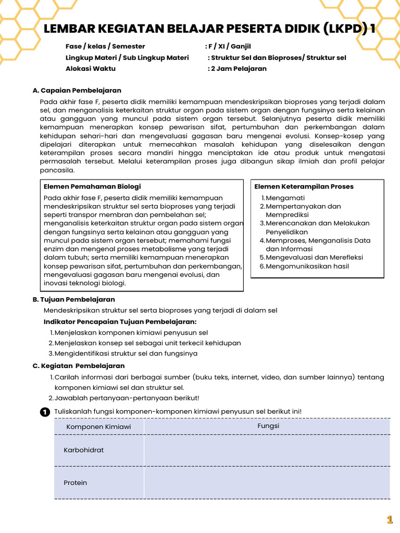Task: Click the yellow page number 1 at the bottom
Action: pos(389,519)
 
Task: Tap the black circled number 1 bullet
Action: pos(45,412)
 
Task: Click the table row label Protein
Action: pos(76,483)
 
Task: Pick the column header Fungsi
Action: pos(268,426)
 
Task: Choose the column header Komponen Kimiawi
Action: pos(98,427)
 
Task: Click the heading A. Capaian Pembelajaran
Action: pos(77,91)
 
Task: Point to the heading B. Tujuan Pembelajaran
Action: pos(73,299)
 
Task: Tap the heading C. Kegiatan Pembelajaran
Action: pos(78,366)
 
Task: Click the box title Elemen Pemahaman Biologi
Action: pos(92,186)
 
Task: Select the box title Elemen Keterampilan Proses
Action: pos(304,186)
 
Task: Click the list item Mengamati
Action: pos(286,198)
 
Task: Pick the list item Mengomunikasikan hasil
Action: pos(307,266)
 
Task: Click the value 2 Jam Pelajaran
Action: pos(238,68)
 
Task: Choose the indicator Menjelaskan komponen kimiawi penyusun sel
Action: pos(131,332)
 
